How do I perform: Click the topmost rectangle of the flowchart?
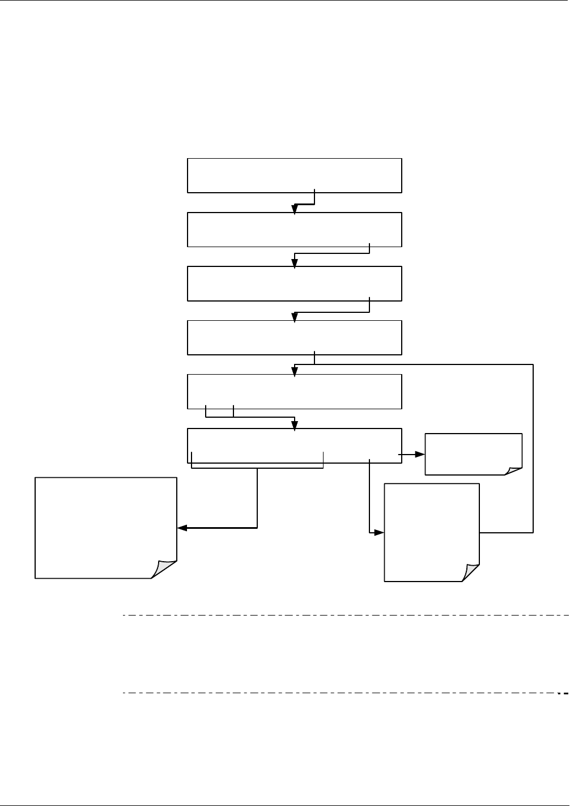(294, 176)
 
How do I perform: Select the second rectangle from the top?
(294, 230)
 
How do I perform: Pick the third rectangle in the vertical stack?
(294, 283)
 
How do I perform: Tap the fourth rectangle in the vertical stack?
(294, 338)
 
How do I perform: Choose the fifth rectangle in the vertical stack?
(294, 391)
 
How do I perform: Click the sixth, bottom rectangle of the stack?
(294, 446)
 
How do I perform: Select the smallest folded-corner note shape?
(473, 453)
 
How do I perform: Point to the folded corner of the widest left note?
(164, 569)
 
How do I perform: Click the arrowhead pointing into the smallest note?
(420, 455)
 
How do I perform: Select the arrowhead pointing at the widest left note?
(182, 528)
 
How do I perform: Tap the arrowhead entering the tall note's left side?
(380, 533)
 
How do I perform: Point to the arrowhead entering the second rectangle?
(295, 209)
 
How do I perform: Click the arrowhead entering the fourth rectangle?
(295, 317)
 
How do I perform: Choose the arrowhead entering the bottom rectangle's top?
(295, 425)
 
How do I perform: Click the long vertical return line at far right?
(533, 448)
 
